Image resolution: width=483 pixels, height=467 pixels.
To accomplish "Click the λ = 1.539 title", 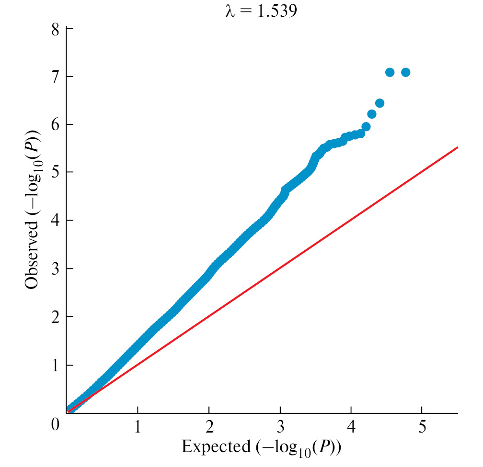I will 261,11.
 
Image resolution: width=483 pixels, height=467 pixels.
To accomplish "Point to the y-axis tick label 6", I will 56,124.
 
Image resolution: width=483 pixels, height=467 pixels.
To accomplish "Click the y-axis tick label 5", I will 56,172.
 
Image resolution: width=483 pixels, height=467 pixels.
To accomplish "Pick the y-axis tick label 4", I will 56,221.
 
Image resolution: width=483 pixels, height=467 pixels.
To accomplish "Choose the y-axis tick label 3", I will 56,269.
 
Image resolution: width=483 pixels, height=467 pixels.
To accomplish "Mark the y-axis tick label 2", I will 56,317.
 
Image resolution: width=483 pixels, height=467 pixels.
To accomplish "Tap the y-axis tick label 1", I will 56,365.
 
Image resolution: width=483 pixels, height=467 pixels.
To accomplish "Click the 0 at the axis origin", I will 56,424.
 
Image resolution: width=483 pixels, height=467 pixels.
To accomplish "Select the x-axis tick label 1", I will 138,425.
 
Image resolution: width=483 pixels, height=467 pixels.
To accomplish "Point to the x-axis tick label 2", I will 209,425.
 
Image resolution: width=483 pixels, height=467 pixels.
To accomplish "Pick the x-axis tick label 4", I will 351,425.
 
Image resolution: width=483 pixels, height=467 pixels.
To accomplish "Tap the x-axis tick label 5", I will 422,425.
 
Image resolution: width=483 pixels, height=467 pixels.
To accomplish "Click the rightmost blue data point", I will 405,72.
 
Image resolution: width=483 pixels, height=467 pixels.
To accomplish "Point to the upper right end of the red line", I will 458,147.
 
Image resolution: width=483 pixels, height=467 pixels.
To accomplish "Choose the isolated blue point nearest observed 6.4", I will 379,103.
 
